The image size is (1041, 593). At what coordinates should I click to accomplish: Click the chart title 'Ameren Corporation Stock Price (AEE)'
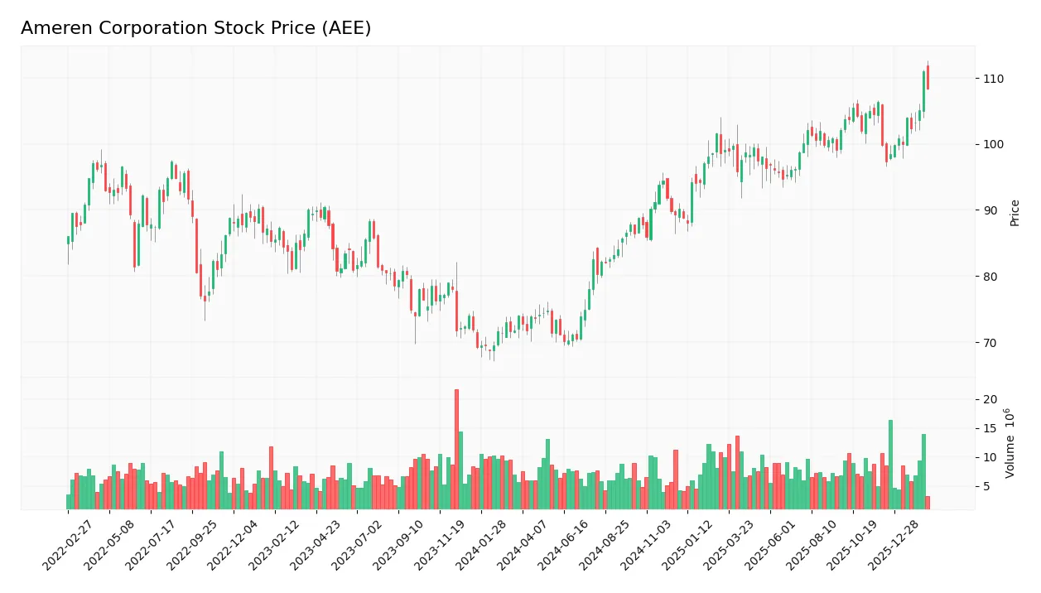click(x=195, y=28)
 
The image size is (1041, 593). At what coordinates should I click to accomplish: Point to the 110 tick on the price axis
click(x=993, y=79)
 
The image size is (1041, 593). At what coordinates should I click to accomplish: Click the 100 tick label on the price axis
click(x=993, y=144)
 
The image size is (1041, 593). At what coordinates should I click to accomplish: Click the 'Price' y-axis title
click(x=1014, y=213)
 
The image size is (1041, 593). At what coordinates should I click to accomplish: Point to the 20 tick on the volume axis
click(x=990, y=399)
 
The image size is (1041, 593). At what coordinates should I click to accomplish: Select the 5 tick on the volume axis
click(x=987, y=486)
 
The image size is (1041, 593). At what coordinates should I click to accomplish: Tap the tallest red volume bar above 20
click(x=456, y=449)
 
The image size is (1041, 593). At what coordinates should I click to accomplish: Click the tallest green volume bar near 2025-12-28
click(x=890, y=464)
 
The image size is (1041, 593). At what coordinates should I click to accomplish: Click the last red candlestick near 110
click(x=928, y=77)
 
